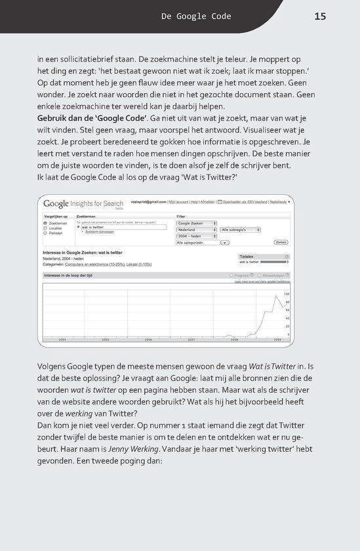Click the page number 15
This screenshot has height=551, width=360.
(320, 16)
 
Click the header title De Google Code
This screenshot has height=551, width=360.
(196, 16)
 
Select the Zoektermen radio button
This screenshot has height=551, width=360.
(45, 223)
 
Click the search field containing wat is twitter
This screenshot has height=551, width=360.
(106, 227)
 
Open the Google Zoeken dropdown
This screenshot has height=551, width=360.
(196, 223)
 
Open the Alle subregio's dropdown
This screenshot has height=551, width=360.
(240, 230)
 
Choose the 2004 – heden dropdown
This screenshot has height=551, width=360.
(196, 235)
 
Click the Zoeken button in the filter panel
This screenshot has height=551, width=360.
(281, 242)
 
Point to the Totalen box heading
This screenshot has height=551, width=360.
(247, 257)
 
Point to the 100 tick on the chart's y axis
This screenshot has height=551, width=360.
(287, 294)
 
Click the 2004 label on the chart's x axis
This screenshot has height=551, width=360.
(62, 340)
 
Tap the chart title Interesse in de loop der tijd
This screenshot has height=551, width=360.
(70, 275)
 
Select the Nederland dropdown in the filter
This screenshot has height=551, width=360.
(196, 230)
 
